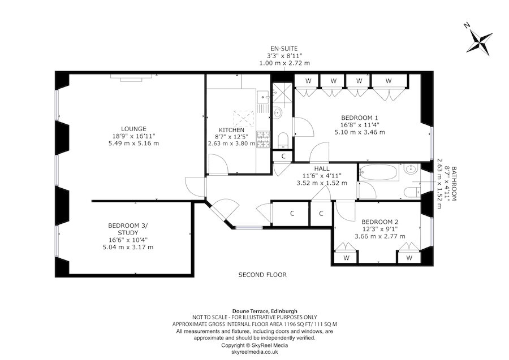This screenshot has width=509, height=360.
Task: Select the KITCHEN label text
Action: tap(231, 130)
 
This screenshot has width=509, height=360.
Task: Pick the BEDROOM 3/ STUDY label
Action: tap(127, 229)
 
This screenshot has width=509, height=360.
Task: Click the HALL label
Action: tap(322, 168)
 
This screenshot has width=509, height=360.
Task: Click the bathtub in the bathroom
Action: tap(378, 172)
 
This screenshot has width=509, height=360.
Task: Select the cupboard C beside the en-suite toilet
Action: tap(283, 157)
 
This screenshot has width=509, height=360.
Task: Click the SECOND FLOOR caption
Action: tap(262, 275)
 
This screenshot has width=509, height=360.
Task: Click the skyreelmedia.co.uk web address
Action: tap(254, 351)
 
